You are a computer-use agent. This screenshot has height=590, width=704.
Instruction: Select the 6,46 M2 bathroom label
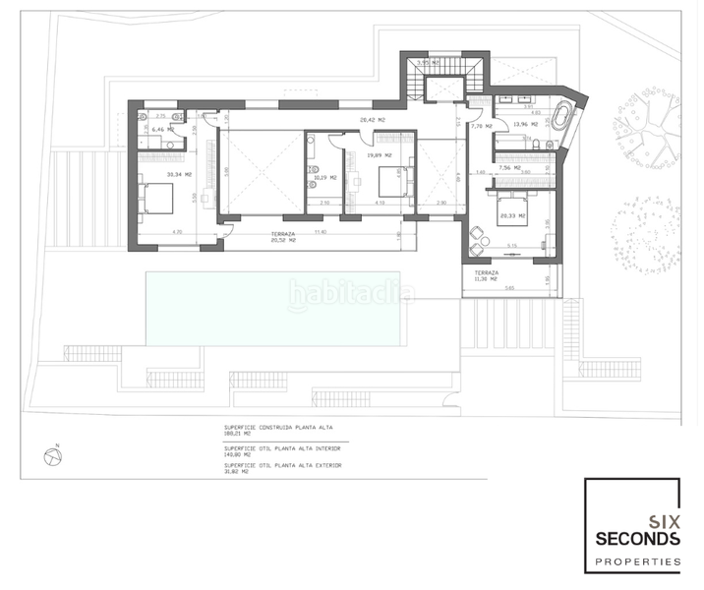164,129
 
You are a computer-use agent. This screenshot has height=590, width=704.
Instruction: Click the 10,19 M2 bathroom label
325,178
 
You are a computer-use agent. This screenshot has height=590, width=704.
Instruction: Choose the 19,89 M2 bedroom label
379,154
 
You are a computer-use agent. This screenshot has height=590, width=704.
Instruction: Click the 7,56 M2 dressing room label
510,167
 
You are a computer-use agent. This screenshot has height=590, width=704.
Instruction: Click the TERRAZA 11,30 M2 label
487,276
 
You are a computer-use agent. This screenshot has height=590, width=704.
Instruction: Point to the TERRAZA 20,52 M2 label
284,238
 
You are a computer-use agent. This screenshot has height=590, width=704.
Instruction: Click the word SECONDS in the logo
637,539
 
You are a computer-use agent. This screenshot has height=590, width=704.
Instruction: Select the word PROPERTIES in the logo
637,562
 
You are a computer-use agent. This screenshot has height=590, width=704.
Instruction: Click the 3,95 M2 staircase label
428,63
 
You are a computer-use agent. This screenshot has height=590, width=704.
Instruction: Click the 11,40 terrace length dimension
320,232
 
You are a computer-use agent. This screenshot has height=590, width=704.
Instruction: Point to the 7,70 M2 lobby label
481,126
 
